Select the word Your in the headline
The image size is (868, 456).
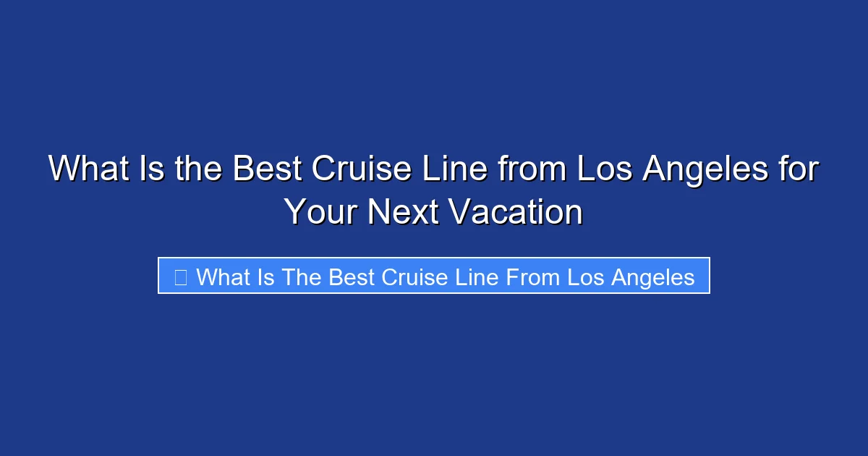320,212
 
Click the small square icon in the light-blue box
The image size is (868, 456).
181,276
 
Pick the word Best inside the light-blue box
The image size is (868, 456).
352,276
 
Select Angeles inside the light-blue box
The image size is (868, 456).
652,276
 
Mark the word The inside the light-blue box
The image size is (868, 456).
303,276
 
